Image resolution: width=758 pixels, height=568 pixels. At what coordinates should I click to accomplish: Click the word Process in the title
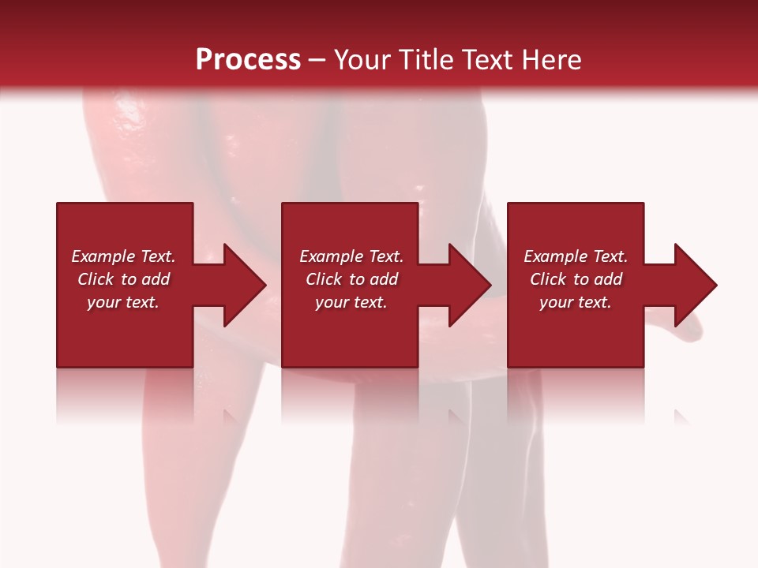[248, 60]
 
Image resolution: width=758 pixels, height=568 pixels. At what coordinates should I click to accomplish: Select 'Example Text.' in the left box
[123, 256]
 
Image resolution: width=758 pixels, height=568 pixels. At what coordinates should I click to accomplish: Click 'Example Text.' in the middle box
[351, 256]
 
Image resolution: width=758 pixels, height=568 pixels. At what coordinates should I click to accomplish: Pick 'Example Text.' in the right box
[576, 256]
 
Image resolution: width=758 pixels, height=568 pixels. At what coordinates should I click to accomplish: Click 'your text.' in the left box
[123, 302]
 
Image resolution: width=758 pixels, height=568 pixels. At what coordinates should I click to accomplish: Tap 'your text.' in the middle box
[351, 302]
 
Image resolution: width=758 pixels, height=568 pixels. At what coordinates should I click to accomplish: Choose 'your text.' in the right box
[576, 302]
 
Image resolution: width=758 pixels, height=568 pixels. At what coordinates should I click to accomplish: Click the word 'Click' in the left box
[96, 279]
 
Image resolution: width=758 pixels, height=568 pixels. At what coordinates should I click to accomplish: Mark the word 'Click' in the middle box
[325, 279]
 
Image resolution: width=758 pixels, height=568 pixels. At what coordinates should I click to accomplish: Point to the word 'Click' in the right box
[549, 279]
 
